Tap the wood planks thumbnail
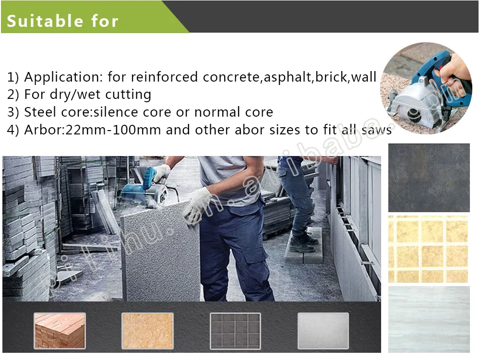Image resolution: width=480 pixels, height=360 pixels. point(60,330)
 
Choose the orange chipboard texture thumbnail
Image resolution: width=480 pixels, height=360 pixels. point(147,330)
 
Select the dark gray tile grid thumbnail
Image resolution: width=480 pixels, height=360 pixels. point(235,330)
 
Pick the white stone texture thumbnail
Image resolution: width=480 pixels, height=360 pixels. point(323,330)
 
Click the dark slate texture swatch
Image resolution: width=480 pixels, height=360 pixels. point(429,178)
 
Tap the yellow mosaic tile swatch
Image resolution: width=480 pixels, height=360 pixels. point(429,249)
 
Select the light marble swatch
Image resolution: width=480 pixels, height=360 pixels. point(429,319)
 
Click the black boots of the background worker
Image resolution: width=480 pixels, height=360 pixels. point(302,242)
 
